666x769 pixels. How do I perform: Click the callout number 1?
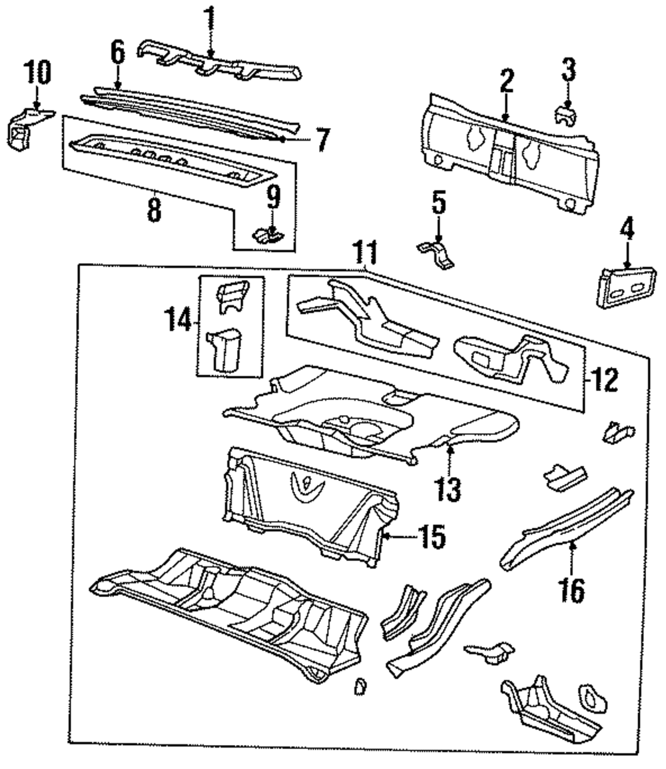tap(210, 20)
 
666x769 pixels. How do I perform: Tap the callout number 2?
tap(507, 81)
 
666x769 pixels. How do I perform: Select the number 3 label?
tap(568, 69)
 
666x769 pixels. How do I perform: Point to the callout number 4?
tap(627, 228)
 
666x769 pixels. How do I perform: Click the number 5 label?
tap(439, 203)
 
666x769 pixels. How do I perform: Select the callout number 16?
tap(572, 590)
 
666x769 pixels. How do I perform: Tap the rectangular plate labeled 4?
tap(626, 287)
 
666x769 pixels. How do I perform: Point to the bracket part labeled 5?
tap(437, 253)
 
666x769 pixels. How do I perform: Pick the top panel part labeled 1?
tap(218, 62)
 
